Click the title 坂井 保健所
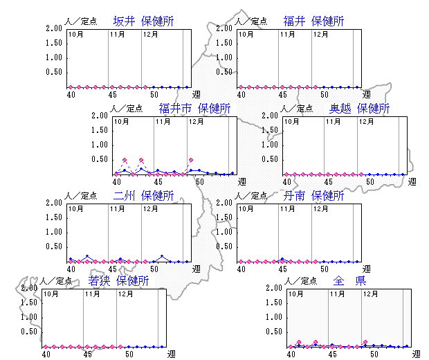pyautogui.click(x=143, y=21)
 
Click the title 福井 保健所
pyautogui.click(x=313, y=21)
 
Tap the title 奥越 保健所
pyautogui.click(x=359, y=109)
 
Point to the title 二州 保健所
pyautogui.click(x=143, y=196)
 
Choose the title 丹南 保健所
pyautogui.click(x=313, y=196)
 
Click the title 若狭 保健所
pyautogui.click(x=118, y=281)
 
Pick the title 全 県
pyautogui.click(x=349, y=281)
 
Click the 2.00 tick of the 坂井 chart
pyautogui.click(x=53, y=29)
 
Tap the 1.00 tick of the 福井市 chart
pyautogui.click(x=101, y=145)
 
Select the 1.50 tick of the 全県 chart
pyautogui.click(x=273, y=303)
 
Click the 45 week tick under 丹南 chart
pyautogui.click(x=282, y=269)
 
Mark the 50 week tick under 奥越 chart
pyautogui.click(x=370, y=181)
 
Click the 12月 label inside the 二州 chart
pyautogui.click(x=150, y=208)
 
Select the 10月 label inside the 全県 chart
pyautogui.click(x=295, y=294)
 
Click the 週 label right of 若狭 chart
pyautogui.click(x=171, y=354)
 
